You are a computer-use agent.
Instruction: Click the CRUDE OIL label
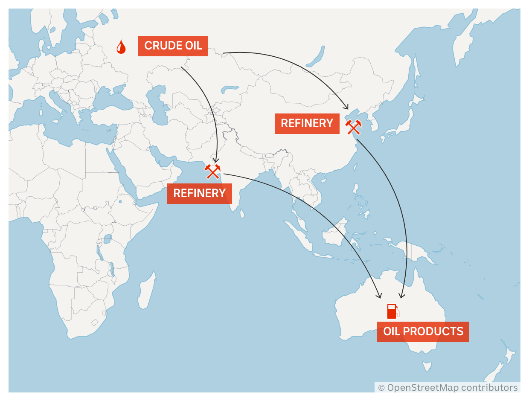click(x=173, y=46)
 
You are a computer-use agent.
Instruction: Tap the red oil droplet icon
click(x=121, y=47)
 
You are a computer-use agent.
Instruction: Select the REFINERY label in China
click(x=307, y=123)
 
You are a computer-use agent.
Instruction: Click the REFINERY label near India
click(x=199, y=193)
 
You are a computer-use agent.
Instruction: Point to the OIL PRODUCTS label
click(x=423, y=331)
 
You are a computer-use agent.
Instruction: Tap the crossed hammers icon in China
click(x=353, y=127)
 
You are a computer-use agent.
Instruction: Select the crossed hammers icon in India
click(x=212, y=171)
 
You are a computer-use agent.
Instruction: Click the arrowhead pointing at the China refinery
click(x=347, y=108)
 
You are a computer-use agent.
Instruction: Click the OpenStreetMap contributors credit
click(x=448, y=387)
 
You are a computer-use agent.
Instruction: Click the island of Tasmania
click(x=427, y=366)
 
